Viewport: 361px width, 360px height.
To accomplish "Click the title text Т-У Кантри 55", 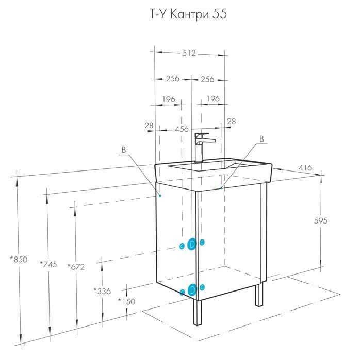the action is (x=189, y=14).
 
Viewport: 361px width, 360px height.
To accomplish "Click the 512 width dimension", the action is (x=189, y=53).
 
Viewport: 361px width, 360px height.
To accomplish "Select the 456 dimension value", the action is (x=182, y=129).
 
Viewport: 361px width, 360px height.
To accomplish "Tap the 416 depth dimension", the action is (x=305, y=168).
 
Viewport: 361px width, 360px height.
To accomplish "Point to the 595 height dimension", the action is (x=320, y=221).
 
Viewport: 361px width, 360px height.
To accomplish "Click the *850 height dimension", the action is (x=19, y=259).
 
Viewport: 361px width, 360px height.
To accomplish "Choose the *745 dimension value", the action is (x=48, y=264).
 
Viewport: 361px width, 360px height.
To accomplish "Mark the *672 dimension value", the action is (x=76, y=267).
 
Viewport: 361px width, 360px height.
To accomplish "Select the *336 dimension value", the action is (x=102, y=292).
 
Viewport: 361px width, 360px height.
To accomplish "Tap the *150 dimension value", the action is (x=126, y=301).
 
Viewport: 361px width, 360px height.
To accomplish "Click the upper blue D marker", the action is (x=192, y=244).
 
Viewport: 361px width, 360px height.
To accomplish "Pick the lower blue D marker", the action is (x=192, y=290).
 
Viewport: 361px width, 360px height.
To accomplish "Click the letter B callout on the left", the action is (x=124, y=150).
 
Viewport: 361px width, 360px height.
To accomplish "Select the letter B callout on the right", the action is (x=261, y=139).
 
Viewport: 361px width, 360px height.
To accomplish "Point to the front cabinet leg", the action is (x=198, y=313).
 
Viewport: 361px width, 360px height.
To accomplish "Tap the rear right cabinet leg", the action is (x=259, y=294).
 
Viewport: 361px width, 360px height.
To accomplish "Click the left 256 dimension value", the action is (x=172, y=79).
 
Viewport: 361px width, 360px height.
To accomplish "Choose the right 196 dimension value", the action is (x=213, y=99).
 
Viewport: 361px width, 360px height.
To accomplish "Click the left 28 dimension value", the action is (x=149, y=126).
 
